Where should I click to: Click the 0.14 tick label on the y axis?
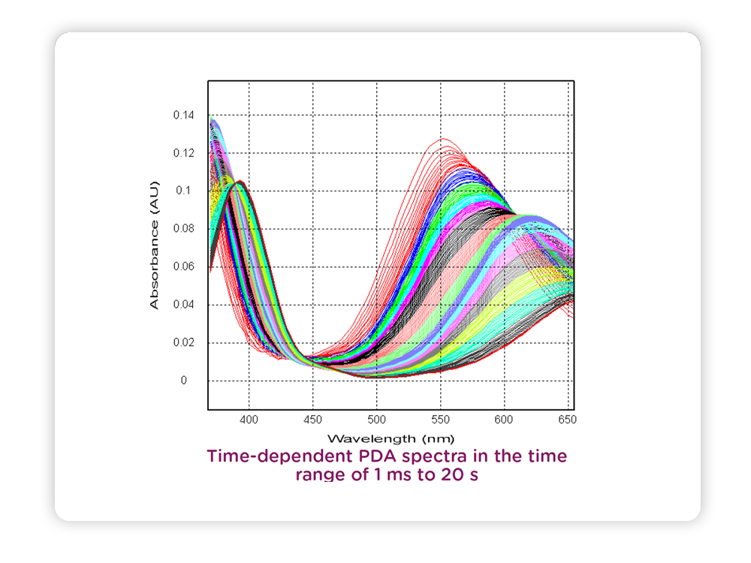point(184,116)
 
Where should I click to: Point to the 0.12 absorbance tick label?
point(184,153)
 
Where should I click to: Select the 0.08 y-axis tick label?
point(184,229)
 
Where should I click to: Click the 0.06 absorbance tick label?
point(184,266)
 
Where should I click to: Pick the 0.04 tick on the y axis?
point(184,305)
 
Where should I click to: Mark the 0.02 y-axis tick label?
point(184,343)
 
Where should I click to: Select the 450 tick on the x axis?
point(313,419)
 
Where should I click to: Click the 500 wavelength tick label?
point(377,419)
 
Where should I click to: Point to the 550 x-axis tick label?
point(441,419)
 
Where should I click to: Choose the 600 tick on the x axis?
point(505,419)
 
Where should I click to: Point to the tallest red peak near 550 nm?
point(443,139)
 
